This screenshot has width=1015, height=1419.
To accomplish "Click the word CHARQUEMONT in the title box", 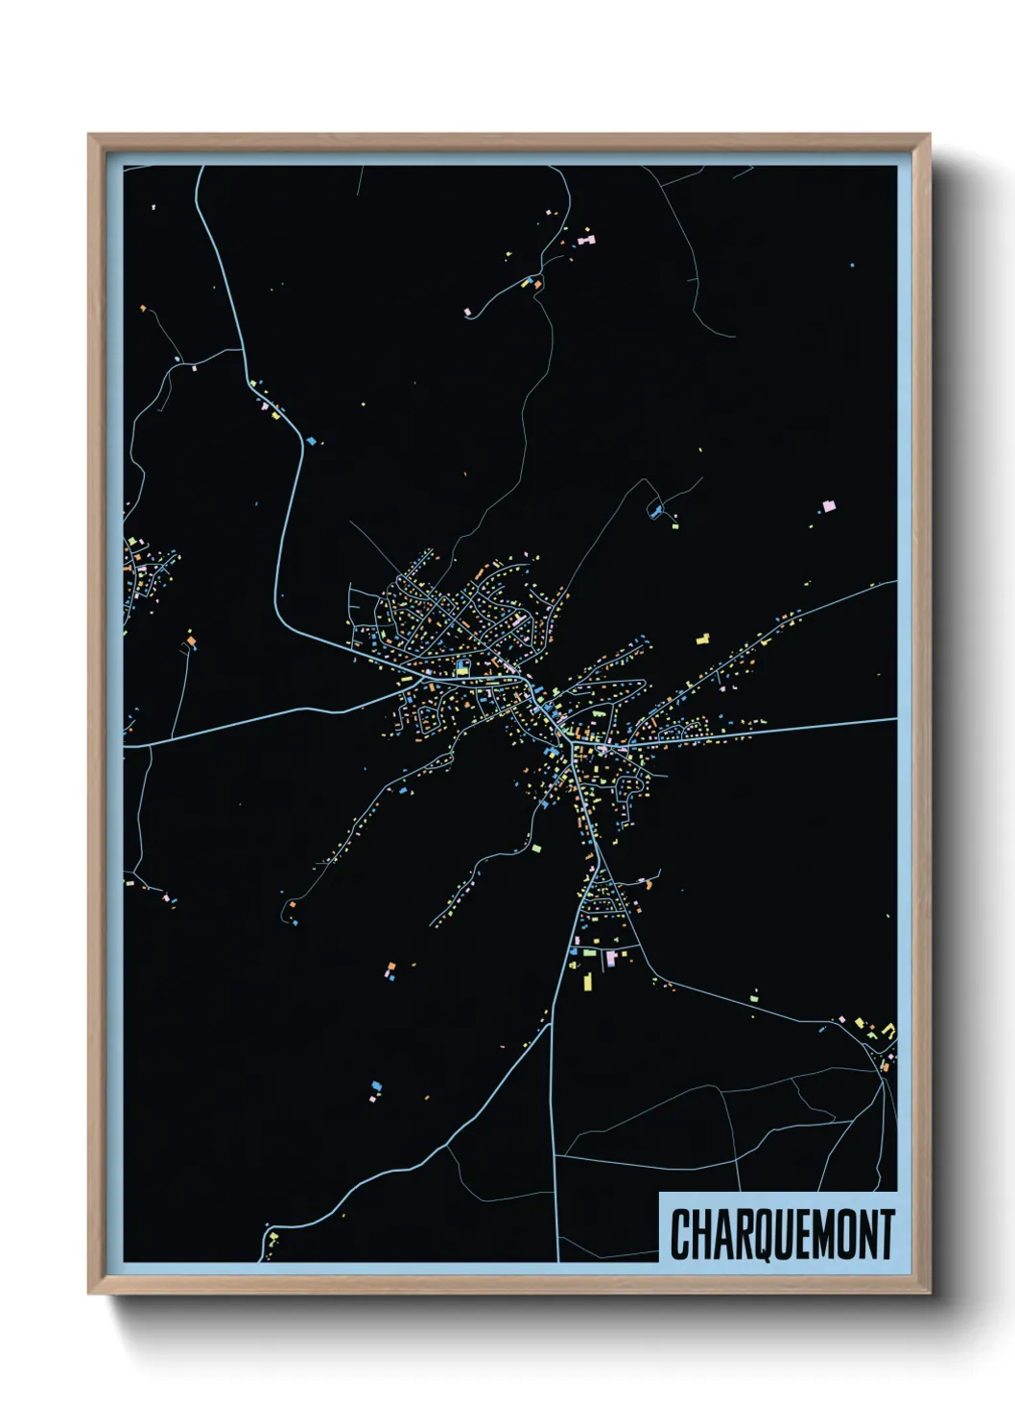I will click(782, 1234).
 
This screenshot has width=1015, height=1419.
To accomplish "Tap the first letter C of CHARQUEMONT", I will click(679, 1234).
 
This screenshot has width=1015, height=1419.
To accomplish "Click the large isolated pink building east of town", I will click(829, 504).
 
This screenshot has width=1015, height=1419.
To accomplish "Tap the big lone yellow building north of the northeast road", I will click(702, 638).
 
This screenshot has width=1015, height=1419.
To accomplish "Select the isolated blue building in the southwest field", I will click(376, 1086).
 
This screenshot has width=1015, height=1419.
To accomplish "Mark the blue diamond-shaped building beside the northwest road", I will click(311, 439).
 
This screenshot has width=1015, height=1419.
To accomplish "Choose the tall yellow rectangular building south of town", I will click(588, 981).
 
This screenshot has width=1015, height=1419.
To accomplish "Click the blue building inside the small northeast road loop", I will click(656, 511).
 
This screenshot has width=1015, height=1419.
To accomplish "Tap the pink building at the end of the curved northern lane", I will click(467, 312).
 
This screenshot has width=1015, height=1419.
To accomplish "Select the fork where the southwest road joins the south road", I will click(551, 1024).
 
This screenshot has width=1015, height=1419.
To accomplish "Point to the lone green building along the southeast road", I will click(754, 997).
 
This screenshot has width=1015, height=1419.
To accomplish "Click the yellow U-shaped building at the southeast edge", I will click(888, 1032).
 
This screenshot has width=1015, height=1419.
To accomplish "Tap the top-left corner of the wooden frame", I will click(89, 136).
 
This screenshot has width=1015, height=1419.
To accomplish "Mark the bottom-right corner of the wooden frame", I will click(929, 1293).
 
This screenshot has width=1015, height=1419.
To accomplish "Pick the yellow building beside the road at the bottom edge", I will click(272, 1237).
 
